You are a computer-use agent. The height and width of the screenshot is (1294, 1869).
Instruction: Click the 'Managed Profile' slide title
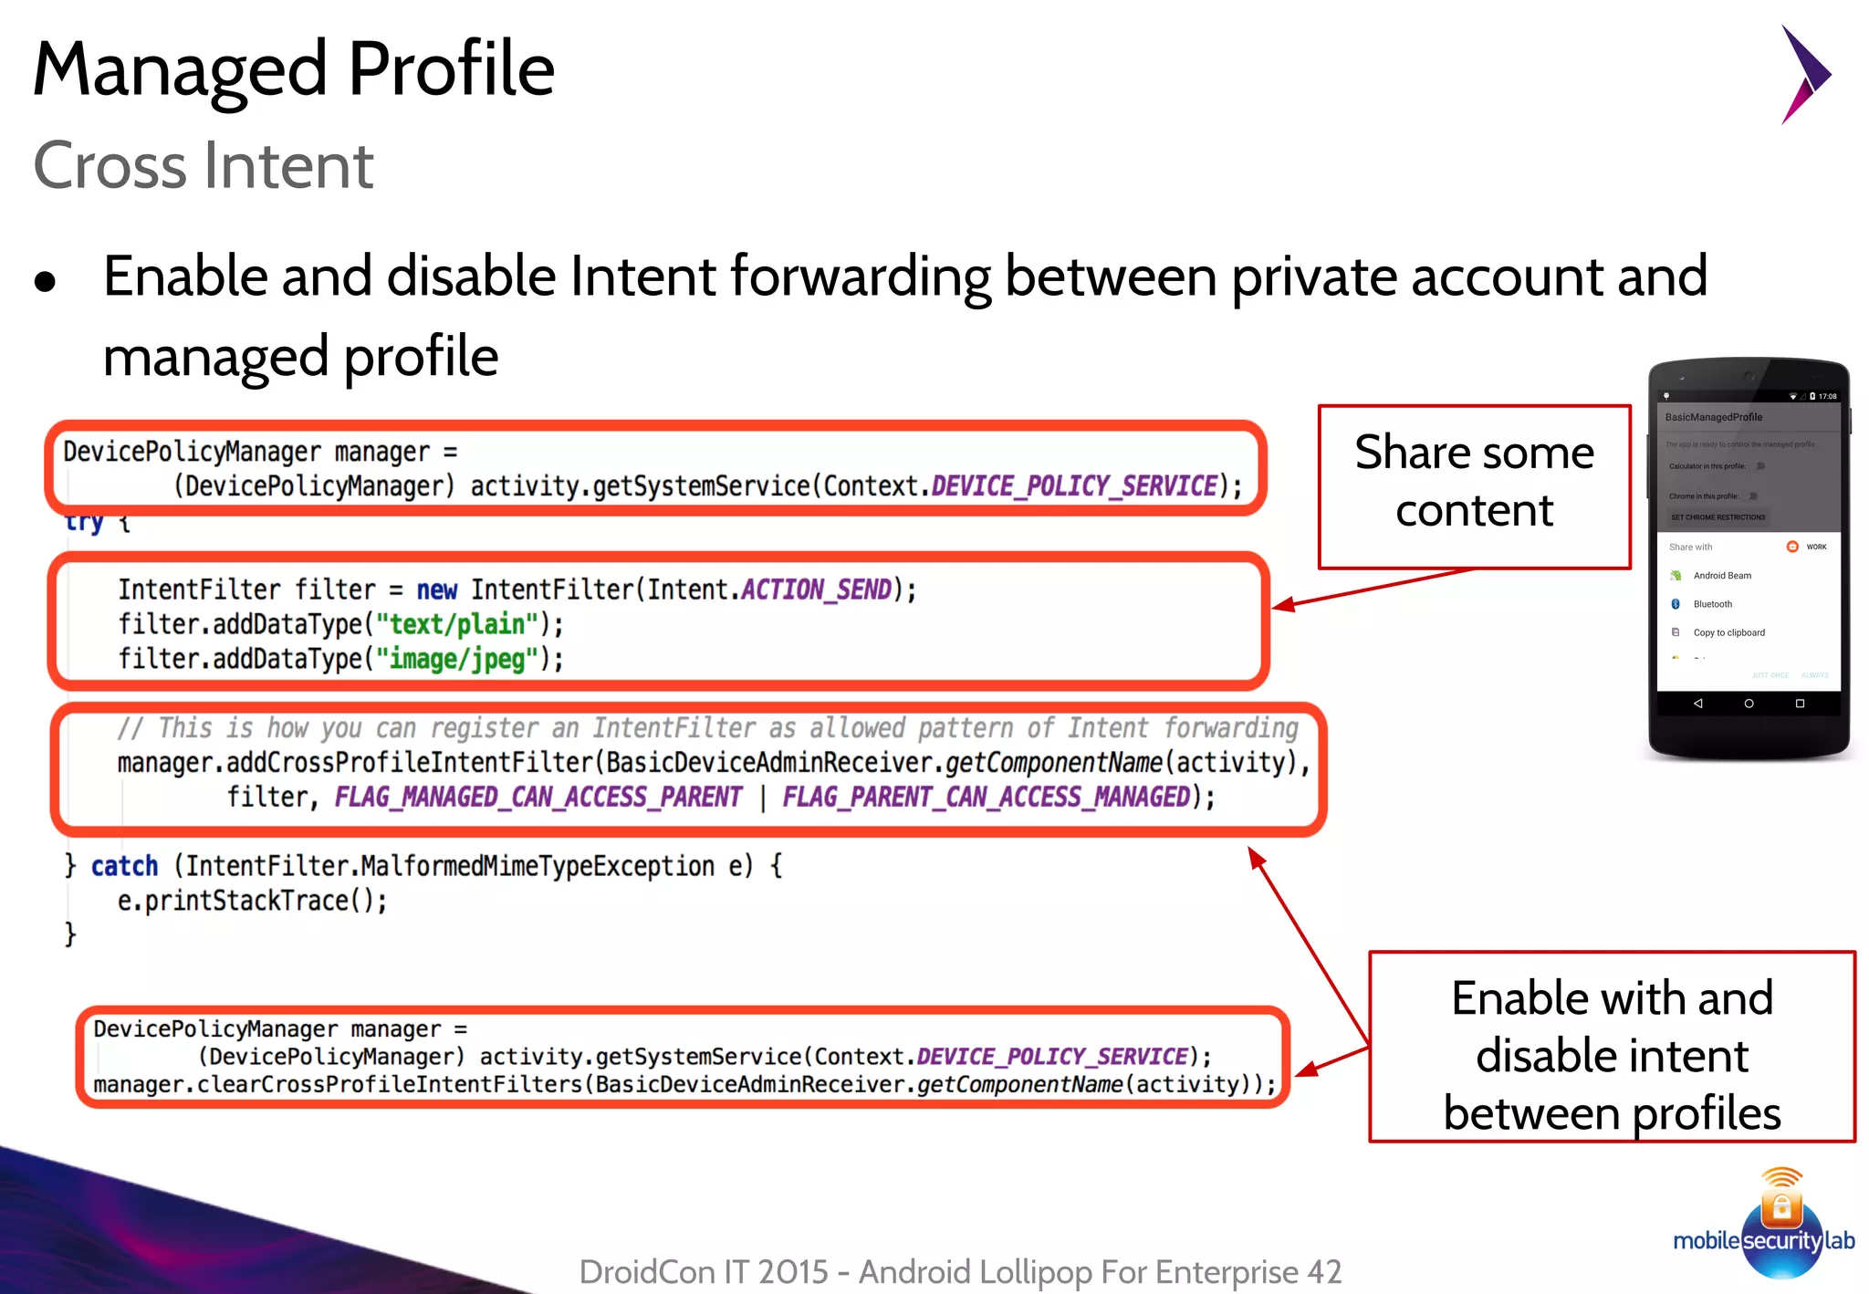pos(293,69)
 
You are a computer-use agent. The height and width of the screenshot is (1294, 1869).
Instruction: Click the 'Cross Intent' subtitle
pos(203,166)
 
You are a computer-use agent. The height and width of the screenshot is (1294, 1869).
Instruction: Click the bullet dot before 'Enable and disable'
pos(45,282)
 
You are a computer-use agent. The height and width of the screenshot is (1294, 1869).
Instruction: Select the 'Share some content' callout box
pos(1474,485)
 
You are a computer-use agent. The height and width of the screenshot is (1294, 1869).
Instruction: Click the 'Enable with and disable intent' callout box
pos(1612,1048)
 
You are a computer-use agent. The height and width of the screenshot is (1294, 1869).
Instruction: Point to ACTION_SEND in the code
pos(816,590)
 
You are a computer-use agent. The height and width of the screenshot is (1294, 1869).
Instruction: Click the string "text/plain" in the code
pos(457,625)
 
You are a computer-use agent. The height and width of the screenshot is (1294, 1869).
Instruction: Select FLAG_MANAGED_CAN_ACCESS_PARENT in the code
pos(538,798)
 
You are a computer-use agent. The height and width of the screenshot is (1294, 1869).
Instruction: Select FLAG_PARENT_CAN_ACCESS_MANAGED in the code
pos(987,798)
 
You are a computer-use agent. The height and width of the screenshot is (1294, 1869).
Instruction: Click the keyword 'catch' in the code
pos(124,866)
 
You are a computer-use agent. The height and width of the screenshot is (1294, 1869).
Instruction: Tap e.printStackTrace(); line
pos(252,901)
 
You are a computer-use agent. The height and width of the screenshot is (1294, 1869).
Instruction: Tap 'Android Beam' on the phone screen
pos(1722,576)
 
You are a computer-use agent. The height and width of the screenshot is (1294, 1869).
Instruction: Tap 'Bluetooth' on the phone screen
pos(1712,604)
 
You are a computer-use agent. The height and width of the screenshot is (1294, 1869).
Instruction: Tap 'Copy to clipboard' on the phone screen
pos(1728,632)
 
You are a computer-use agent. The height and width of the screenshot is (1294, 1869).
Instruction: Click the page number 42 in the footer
pos(1324,1271)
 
